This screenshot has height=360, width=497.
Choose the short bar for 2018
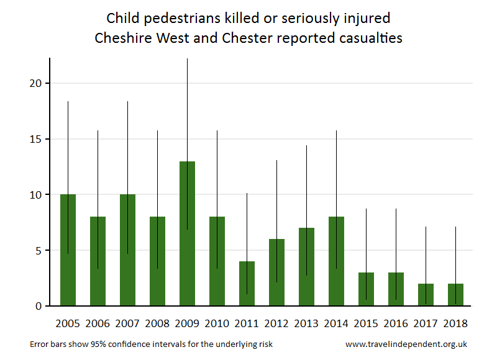pos(455,295)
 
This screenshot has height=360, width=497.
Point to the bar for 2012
pos(276,272)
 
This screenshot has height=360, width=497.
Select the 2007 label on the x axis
pos(127,323)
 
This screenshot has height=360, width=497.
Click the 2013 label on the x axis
pos(306,323)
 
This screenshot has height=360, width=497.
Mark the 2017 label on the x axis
pos(426,323)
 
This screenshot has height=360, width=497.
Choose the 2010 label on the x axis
pos(217,323)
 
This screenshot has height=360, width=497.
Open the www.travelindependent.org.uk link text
pos(406,344)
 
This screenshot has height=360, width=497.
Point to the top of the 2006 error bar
pos(98,131)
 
